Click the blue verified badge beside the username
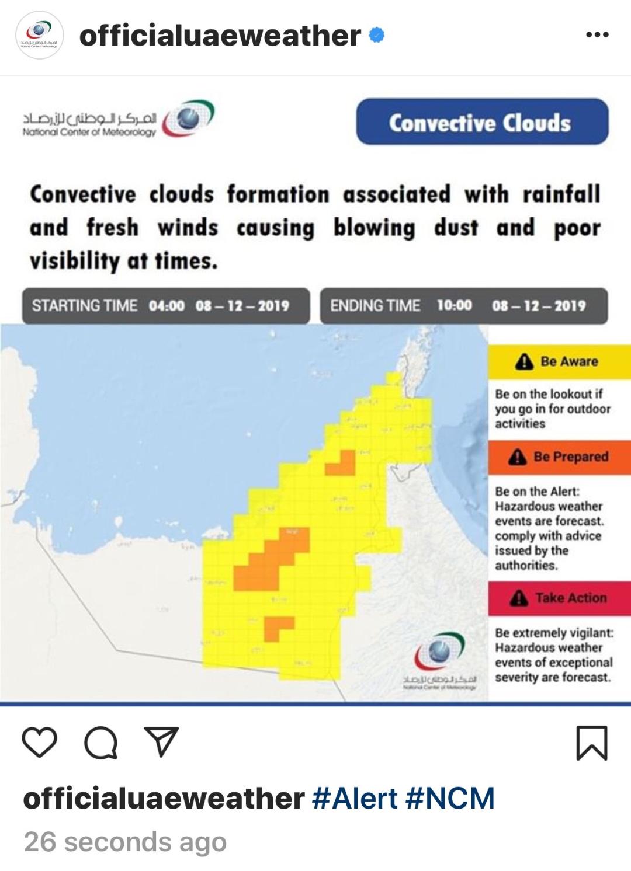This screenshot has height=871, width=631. tap(377, 35)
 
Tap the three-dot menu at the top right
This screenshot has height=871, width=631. tap(597, 35)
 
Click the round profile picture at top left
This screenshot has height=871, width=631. tap(39, 35)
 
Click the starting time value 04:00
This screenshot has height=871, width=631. tap(167, 306)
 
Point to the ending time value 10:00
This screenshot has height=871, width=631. tap(454, 305)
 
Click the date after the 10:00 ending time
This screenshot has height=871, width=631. tap(538, 306)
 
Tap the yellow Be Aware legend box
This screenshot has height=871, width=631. tap(559, 361)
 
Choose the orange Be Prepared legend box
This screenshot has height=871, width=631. tap(559, 457)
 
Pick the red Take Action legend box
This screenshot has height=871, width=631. tap(559, 598)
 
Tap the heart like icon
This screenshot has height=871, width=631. tap(39, 743)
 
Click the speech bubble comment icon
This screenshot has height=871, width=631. tap(100, 743)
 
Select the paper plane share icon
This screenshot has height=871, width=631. tap(161, 742)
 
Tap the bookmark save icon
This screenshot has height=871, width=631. tap(592, 743)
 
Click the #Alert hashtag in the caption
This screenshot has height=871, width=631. tap(355, 798)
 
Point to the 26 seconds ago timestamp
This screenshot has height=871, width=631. tap(125, 842)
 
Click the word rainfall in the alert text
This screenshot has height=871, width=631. tap(561, 194)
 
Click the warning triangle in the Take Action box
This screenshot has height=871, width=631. tap(519, 598)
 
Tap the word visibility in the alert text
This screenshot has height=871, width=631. tap(74, 261)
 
